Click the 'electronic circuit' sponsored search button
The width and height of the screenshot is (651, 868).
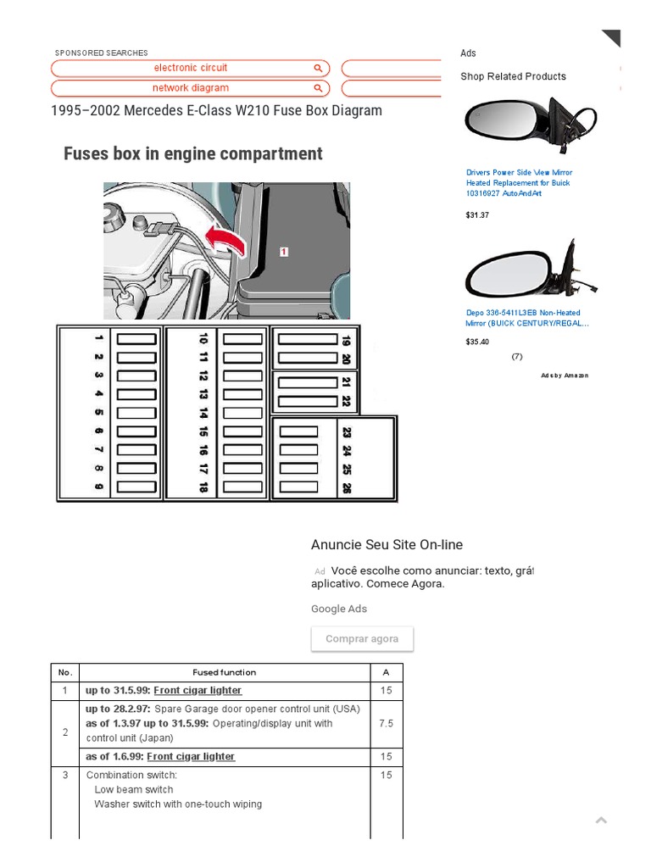[191, 68]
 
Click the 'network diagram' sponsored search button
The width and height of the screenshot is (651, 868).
[191, 88]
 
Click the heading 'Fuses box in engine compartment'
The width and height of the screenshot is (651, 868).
[193, 153]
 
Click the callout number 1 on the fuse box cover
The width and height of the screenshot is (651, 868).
[284, 252]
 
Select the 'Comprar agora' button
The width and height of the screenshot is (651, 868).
[362, 639]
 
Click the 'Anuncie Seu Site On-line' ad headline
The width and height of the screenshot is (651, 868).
[387, 545]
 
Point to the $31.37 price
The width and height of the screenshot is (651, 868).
[477, 215]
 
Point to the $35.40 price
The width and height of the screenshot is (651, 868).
[477, 342]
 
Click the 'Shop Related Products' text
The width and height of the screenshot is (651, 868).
[513, 76]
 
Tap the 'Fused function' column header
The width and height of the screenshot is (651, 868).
[224, 672]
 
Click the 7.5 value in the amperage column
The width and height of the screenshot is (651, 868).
[386, 724]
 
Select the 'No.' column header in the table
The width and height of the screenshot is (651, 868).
[65, 672]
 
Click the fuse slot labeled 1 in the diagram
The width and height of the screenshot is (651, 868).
[136, 339]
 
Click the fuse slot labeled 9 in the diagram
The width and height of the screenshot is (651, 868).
[136, 487]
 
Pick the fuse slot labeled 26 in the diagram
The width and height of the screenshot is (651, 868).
[298, 488]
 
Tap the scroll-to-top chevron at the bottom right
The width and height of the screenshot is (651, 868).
[601, 820]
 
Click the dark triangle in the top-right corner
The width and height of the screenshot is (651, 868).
[613, 37]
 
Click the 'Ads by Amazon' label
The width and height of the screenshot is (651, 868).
[565, 376]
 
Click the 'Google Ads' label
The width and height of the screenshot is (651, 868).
[339, 609]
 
